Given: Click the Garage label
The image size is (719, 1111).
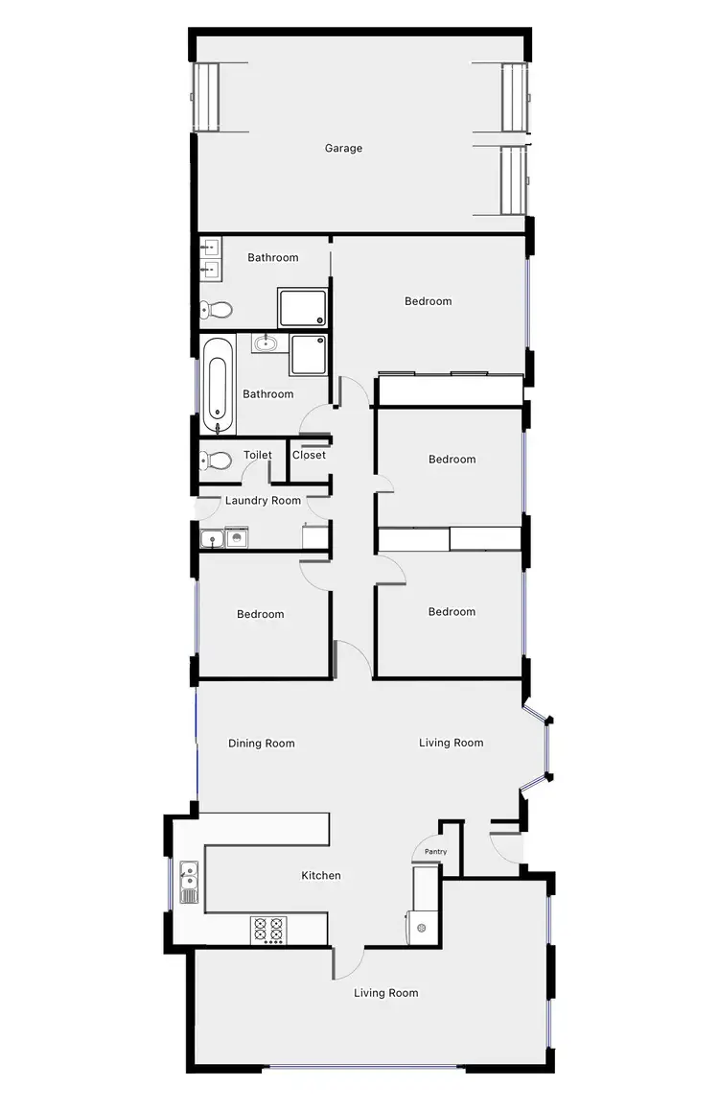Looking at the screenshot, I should pos(343,149).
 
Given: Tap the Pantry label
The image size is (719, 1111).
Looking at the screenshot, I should pos(435,851).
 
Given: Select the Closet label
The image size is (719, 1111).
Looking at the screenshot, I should pos(309,455).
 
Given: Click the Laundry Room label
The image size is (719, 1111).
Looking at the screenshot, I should pos(263,500).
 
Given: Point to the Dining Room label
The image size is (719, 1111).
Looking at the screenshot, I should pos(261,744).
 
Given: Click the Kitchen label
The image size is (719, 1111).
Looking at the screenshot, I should pos(321,875).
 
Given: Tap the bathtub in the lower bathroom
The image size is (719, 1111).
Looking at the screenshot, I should pos(218,384).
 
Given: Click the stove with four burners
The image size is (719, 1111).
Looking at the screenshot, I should pos(268,930).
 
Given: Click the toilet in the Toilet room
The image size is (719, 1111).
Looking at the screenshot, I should pos(217,461).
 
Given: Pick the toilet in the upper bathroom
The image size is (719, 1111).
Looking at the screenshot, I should pos(217,310).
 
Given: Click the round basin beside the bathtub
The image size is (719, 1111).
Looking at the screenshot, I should pos(266,343).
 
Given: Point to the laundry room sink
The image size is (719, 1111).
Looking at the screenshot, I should pos(212,538).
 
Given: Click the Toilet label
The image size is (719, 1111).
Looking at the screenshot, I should pos(258,455).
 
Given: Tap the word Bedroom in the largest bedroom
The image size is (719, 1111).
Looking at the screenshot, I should pos(428,301).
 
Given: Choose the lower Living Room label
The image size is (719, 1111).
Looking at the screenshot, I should pos(385,993).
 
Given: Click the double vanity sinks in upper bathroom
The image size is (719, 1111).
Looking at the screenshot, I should pos(209,259).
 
